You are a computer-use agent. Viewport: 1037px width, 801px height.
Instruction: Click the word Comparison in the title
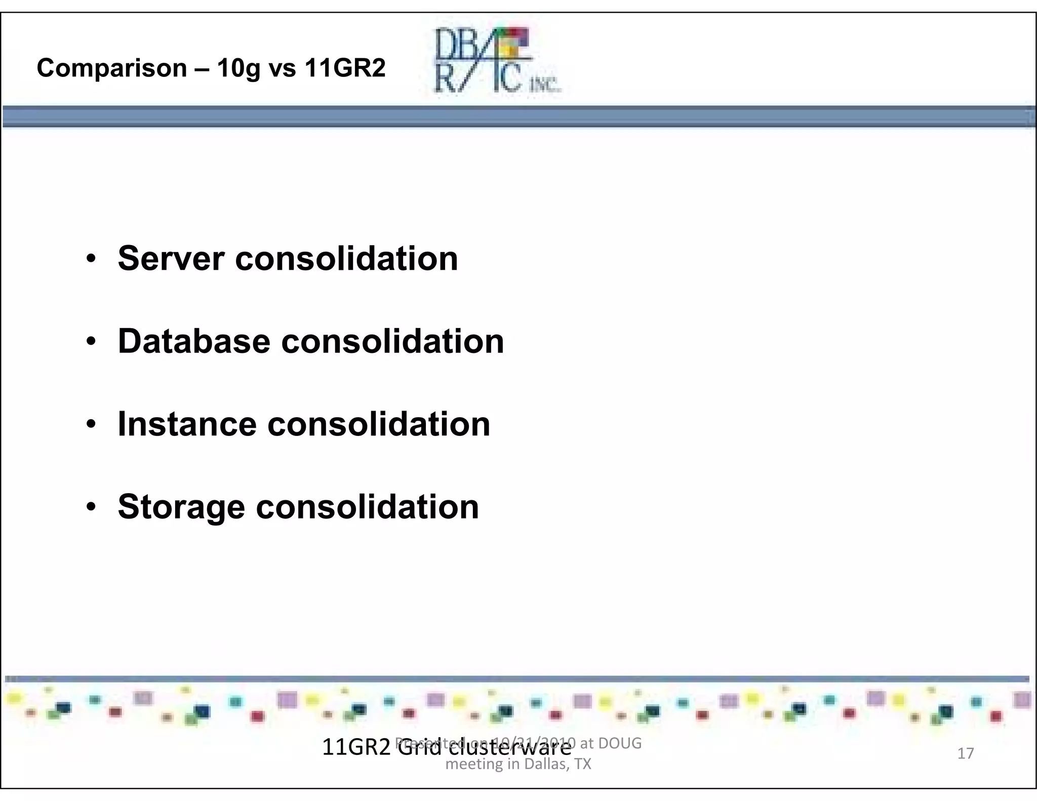coord(112,68)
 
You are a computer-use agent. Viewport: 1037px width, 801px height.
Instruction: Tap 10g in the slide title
coord(238,68)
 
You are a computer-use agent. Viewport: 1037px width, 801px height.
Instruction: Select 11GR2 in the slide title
coord(345,68)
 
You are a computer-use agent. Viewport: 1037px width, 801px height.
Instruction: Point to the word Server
coord(171,259)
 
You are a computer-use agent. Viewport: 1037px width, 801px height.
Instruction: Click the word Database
coord(194,341)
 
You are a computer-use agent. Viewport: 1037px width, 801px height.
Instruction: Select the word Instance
coord(187,424)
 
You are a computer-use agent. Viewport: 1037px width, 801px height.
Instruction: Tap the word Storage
coord(181,507)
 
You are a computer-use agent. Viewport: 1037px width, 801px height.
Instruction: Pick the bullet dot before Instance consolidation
coord(91,425)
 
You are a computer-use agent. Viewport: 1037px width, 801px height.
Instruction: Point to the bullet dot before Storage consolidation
coord(91,507)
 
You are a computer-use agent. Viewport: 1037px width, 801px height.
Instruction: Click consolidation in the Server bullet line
coord(346,259)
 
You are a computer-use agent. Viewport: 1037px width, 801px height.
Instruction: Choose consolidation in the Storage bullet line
coord(367,507)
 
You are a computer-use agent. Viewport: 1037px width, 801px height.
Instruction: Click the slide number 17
coord(965,753)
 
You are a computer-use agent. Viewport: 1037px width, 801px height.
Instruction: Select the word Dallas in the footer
coord(545,764)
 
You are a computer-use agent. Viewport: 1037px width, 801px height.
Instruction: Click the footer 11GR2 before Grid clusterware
coord(356,747)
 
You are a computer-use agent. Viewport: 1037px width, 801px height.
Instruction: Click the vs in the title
coord(282,68)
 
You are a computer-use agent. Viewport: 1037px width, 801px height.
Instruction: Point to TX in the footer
coord(583,764)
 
